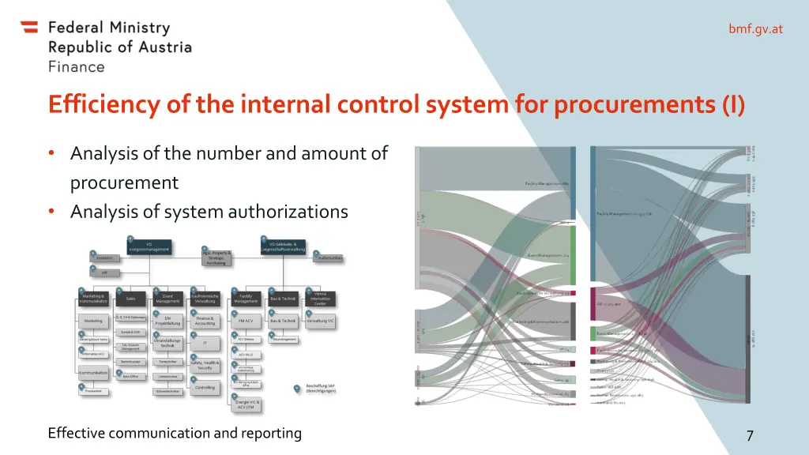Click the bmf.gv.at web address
click(755, 29)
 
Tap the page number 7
click(750, 435)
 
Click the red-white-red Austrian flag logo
click(29, 28)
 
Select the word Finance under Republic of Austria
click(76, 67)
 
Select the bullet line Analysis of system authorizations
click(209, 212)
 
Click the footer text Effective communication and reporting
click(175, 433)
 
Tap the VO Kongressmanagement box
click(149, 246)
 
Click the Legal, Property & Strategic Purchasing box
click(216, 258)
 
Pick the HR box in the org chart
click(104, 273)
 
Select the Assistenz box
click(104, 258)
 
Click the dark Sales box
click(130, 299)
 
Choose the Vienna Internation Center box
click(320, 299)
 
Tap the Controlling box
click(205, 387)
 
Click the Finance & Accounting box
click(205, 321)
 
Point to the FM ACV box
click(246, 321)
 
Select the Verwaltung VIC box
click(320, 321)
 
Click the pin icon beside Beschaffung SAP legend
click(295, 388)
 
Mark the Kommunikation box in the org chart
click(93, 373)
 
